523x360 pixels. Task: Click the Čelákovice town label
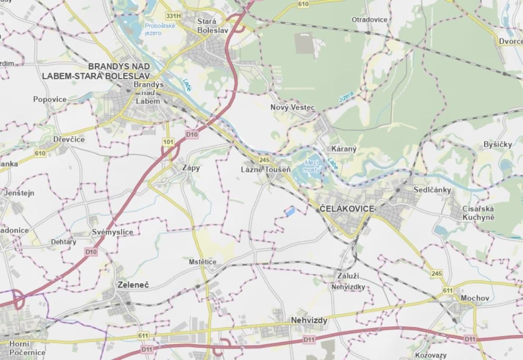[x=346, y=209]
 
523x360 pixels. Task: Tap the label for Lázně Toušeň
[x=266, y=170]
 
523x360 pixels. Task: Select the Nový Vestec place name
[x=293, y=107]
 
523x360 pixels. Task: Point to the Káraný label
[x=343, y=148]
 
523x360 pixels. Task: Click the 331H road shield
[x=173, y=16]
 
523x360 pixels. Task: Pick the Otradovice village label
[x=369, y=20]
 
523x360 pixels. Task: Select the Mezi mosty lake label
[x=311, y=166]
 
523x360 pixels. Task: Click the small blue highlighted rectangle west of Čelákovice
[x=289, y=211]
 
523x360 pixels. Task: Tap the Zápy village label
[x=190, y=168]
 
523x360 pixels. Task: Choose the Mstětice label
[x=203, y=262]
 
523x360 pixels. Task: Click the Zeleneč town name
[x=133, y=285]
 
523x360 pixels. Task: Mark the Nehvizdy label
[x=309, y=320]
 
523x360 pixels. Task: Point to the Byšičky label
[x=497, y=144]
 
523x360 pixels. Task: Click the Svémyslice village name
[x=112, y=232]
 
